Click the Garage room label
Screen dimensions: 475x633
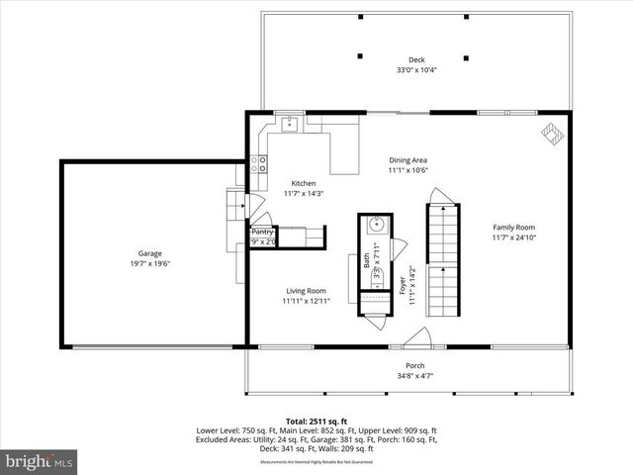pyautogui.click(x=149, y=253)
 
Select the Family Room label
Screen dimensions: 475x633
pyautogui.click(x=513, y=227)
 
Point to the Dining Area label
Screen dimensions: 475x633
pyautogui.click(x=407, y=159)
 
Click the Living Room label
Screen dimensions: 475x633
pyautogui.click(x=306, y=290)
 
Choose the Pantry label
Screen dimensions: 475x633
pyautogui.click(x=261, y=232)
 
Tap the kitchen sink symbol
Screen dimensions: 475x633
pyautogui.click(x=290, y=125)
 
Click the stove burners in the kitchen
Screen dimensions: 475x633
pyautogui.click(x=261, y=164)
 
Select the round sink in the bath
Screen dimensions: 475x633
pyautogui.click(x=377, y=226)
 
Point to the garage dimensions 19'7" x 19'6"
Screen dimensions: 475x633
pyautogui.click(x=149, y=264)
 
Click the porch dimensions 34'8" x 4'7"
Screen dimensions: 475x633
pyautogui.click(x=415, y=376)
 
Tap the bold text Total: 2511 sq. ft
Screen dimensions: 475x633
pyautogui.click(x=316, y=422)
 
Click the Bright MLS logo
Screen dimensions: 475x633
pyautogui.click(x=39, y=461)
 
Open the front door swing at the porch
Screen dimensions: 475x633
pyautogui.click(x=416, y=338)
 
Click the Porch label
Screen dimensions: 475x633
pyautogui.click(x=415, y=365)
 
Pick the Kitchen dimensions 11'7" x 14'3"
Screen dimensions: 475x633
pyautogui.click(x=303, y=194)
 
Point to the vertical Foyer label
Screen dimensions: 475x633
pyautogui.click(x=402, y=287)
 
